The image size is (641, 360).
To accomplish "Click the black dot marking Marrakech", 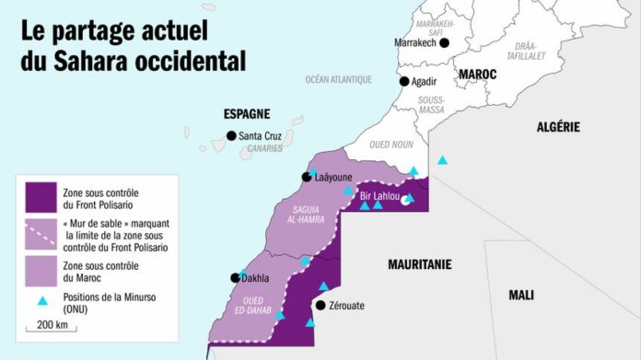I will [x=444, y=42].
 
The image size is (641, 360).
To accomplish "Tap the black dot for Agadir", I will [x=403, y=81].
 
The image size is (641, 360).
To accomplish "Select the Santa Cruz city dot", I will [x=231, y=136].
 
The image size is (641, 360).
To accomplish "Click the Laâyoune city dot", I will [x=306, y=177].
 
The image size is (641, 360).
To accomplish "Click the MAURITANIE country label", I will [x=419, y=264].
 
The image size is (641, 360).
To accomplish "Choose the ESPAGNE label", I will [x=246, y=114].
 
